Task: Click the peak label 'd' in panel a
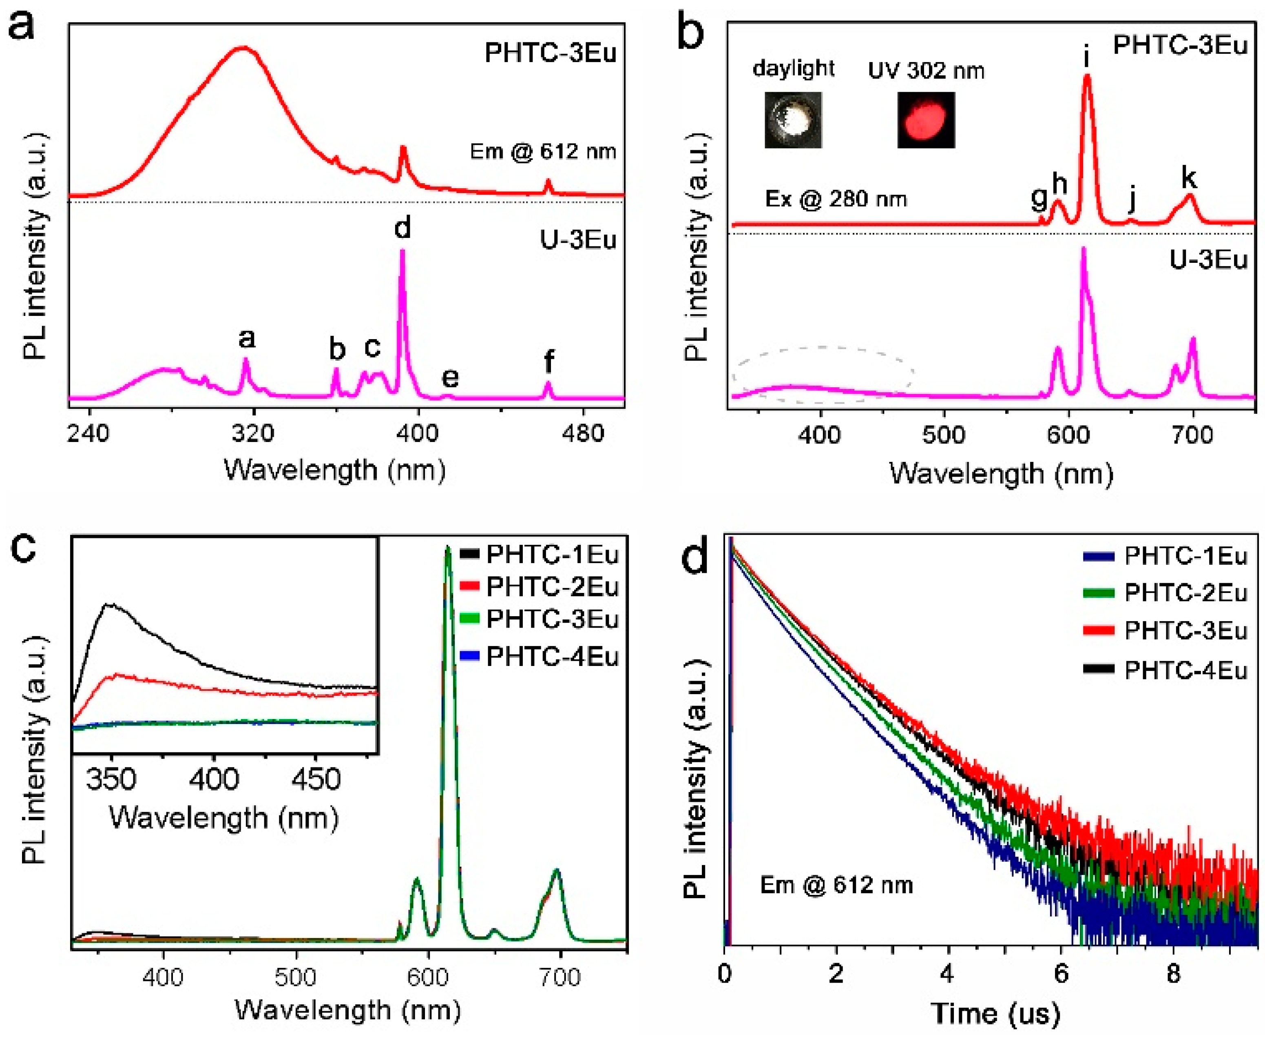point(402,228)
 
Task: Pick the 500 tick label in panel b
point(944,434)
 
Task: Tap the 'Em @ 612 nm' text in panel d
point(836,885)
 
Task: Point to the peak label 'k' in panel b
point(1188,178)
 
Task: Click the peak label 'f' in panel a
point(548,362)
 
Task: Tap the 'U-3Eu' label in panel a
point(578,240)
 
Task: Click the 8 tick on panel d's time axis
point(1173,975)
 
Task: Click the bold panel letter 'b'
point(690,33)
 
